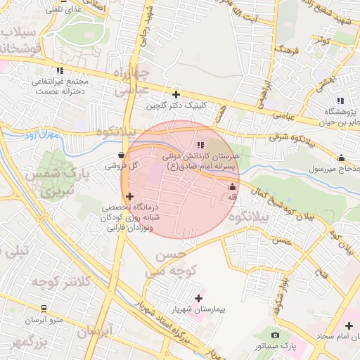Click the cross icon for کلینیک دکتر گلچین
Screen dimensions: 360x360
pos(176,94)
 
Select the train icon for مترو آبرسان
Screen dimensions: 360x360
pos(44,309)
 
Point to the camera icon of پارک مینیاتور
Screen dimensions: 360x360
pos(275,335)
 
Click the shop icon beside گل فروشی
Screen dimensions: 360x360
pos(122,155)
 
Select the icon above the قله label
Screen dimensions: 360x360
pos(233,186)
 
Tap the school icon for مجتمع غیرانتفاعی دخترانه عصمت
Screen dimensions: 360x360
pos(60,70)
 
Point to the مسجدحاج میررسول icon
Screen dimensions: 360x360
pos(342,157)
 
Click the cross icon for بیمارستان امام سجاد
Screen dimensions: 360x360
pos(349,326)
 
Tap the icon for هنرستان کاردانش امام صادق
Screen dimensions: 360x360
pos(200,145)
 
